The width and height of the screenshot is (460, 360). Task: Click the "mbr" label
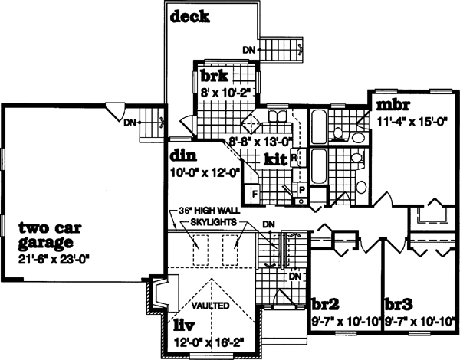tap(389, 103)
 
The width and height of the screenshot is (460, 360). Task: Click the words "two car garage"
tap(50, 234)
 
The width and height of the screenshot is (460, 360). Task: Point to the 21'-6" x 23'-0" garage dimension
tap(54, 258)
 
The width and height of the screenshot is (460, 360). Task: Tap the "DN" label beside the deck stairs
tap(248, 51)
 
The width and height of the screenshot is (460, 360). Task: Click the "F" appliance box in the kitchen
tap(254, 193)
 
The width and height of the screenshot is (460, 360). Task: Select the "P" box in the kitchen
tap(301, 188)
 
